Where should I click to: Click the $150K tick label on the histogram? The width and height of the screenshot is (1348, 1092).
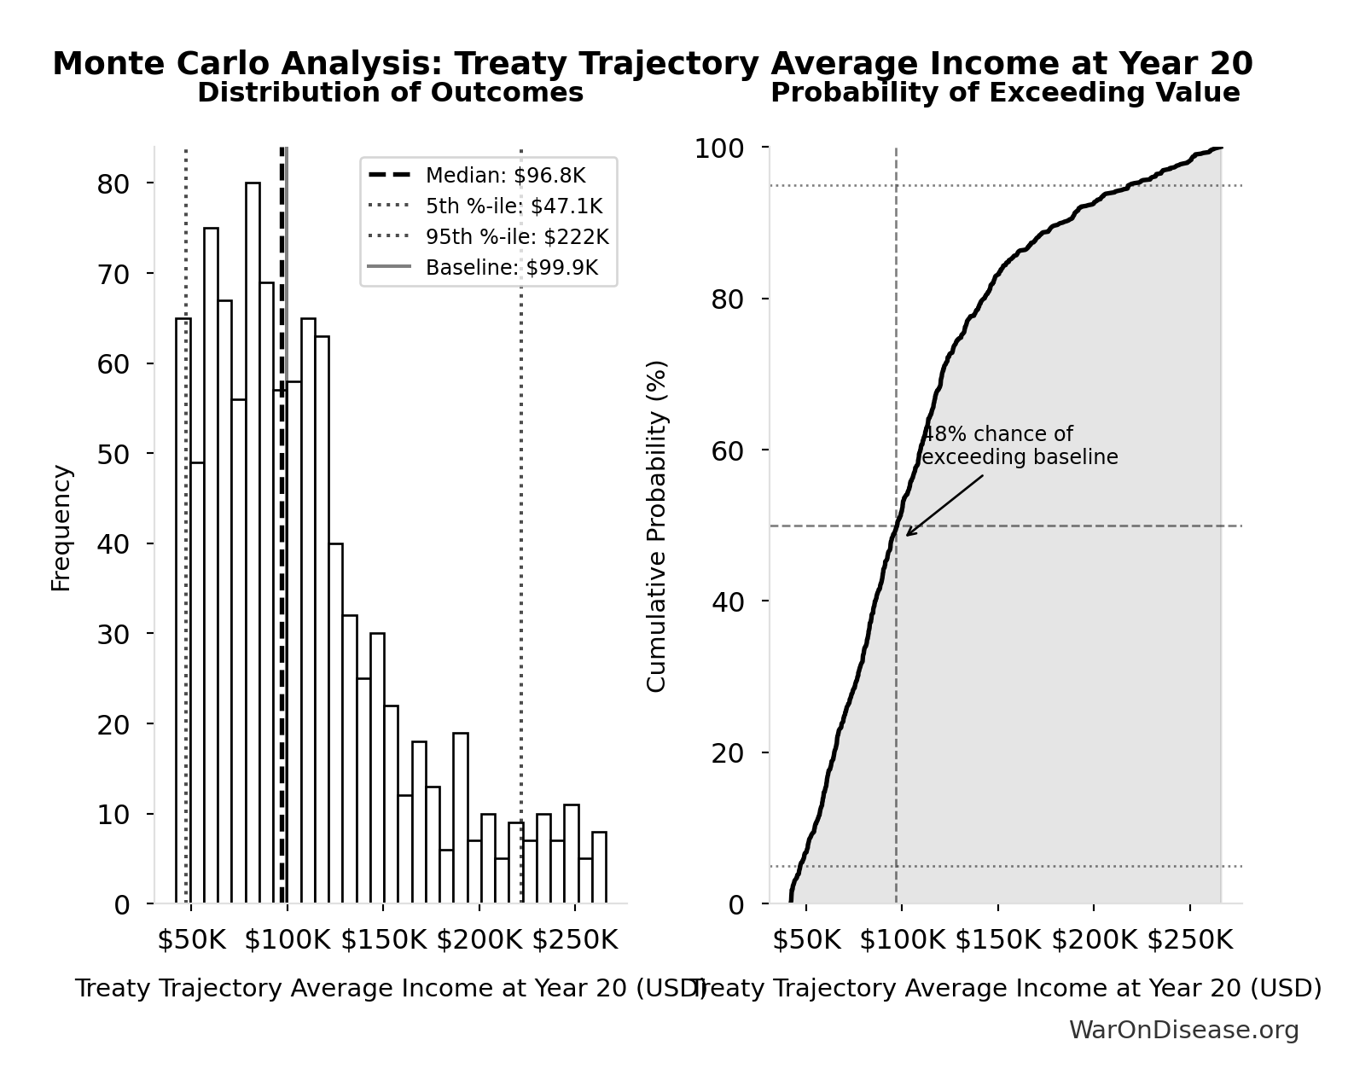click(x=383, y=940)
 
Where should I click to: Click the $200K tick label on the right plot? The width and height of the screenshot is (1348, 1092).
click(x=1094, y=940)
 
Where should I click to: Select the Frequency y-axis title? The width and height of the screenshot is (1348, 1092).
click(x=61, y=527)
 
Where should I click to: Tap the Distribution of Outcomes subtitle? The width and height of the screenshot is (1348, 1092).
click(x=391, y=93)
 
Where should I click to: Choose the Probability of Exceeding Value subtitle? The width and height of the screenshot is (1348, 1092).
click(x=1005, y=93)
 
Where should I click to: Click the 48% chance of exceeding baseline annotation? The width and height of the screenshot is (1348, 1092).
click(x=1019, y=446)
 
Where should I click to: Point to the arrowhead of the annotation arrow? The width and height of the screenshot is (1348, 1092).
click(x=909, y=534)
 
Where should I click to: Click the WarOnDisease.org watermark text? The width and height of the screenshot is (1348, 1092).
click(x=1183, y=1031)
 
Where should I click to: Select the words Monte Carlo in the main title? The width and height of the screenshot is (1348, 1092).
click(x=163, y=64)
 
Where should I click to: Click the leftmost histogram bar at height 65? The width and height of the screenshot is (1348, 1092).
click(x=183, y=611)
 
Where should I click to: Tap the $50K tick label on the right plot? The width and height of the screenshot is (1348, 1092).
click(x=806, y=940)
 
